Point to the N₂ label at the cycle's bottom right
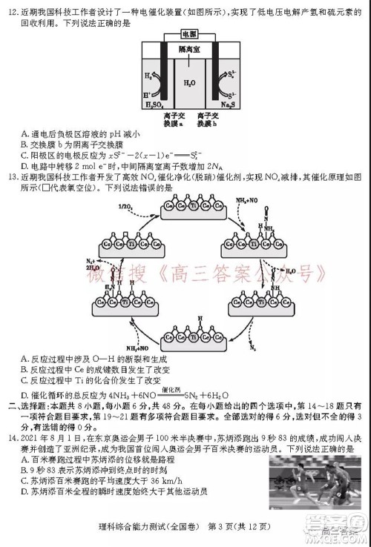(252, 346)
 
